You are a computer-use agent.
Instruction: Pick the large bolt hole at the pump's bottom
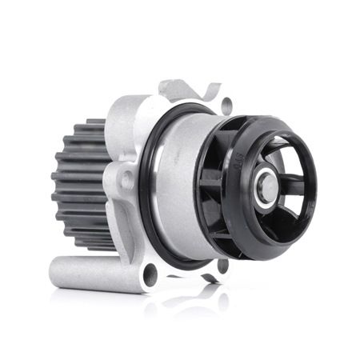pos(150,275)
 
